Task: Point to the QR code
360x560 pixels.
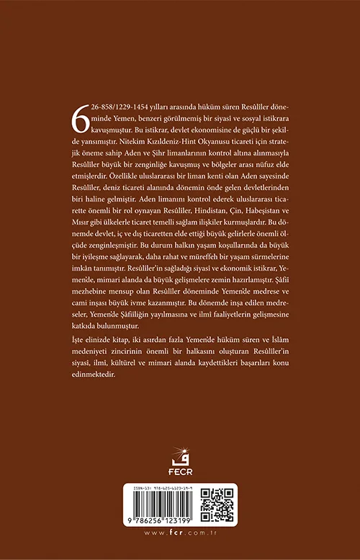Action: pyautogui.click(x=216, y=506)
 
